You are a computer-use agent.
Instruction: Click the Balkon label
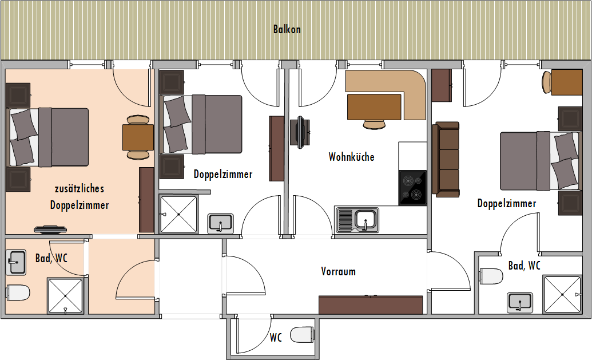(x=287, y=29)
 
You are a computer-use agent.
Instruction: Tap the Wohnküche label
(x=352, y=157)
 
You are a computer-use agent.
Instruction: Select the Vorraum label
(x=338, y=271)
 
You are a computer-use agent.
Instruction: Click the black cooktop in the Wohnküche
(x=412, y=188)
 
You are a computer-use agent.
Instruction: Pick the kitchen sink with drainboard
(x=357, y=220)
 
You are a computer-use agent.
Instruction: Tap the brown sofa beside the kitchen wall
(x=446, y=160)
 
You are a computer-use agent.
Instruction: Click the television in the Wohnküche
(x=300, y=132)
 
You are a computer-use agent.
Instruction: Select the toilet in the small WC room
(x=303, y=334)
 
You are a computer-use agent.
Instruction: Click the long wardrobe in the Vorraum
(x=371, y=305)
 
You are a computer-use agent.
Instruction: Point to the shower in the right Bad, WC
(x=562, y=295)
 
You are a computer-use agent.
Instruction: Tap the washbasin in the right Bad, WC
(x=520, y=303)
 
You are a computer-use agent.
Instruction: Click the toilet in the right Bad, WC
(x=491, y=276)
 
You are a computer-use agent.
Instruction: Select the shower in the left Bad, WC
(x=65, y=296)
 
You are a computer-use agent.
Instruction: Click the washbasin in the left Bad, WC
(x=16, y=262)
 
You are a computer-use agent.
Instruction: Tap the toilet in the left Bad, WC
(x=18, y=293)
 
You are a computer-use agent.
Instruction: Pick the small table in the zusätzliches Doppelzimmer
(x=138, y=137)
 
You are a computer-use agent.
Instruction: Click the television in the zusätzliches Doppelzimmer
(x=50, y=230)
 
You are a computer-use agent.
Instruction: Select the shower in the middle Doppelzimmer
(x=178, y=214)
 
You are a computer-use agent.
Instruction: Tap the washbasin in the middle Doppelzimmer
(x=220, y=223)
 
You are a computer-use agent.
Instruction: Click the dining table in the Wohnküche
(x=374, y=107)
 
